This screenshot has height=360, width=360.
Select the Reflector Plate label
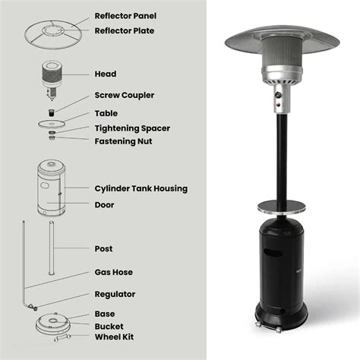coord(124,30)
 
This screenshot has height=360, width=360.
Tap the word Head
coord(105,74)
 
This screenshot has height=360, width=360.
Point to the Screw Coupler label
coord(124,96)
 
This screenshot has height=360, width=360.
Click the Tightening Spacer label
coord(132,128)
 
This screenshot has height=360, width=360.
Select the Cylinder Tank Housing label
coord(141,188)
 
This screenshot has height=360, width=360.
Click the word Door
coord(105,204)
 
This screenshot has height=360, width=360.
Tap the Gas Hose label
coord(115,271)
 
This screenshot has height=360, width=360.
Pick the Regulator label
coord(115,294)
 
